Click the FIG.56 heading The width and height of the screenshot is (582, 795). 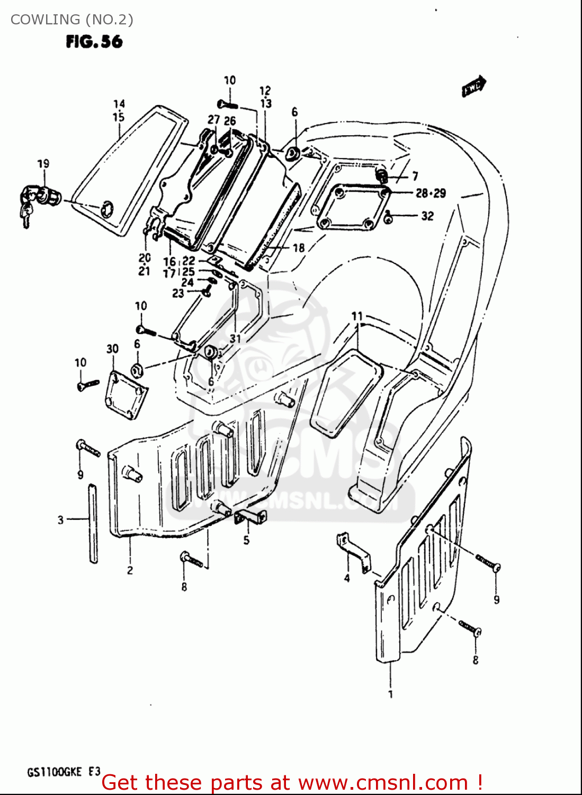[94, 41]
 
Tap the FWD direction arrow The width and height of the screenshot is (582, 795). [474, 86]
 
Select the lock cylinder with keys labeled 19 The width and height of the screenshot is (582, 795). [37, 199]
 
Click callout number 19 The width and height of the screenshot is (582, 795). [43, 164]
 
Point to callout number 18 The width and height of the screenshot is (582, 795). [299, 248]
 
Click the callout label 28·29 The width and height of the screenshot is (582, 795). [431, 193]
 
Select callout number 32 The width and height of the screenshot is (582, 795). [427, 216]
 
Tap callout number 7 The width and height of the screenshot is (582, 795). [415, 176]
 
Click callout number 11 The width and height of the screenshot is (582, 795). [357, 316]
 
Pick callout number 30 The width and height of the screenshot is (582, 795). [112, 349]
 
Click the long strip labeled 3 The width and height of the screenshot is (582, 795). [93, 523]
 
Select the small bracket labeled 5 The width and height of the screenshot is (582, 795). [249, 517]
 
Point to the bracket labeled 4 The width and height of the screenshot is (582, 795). [353, 553]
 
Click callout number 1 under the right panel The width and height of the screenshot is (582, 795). [391, 694]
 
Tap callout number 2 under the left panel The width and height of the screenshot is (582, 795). [130, 571]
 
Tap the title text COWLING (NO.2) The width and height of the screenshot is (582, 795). [71, 20]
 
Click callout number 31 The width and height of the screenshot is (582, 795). [235, 338]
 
